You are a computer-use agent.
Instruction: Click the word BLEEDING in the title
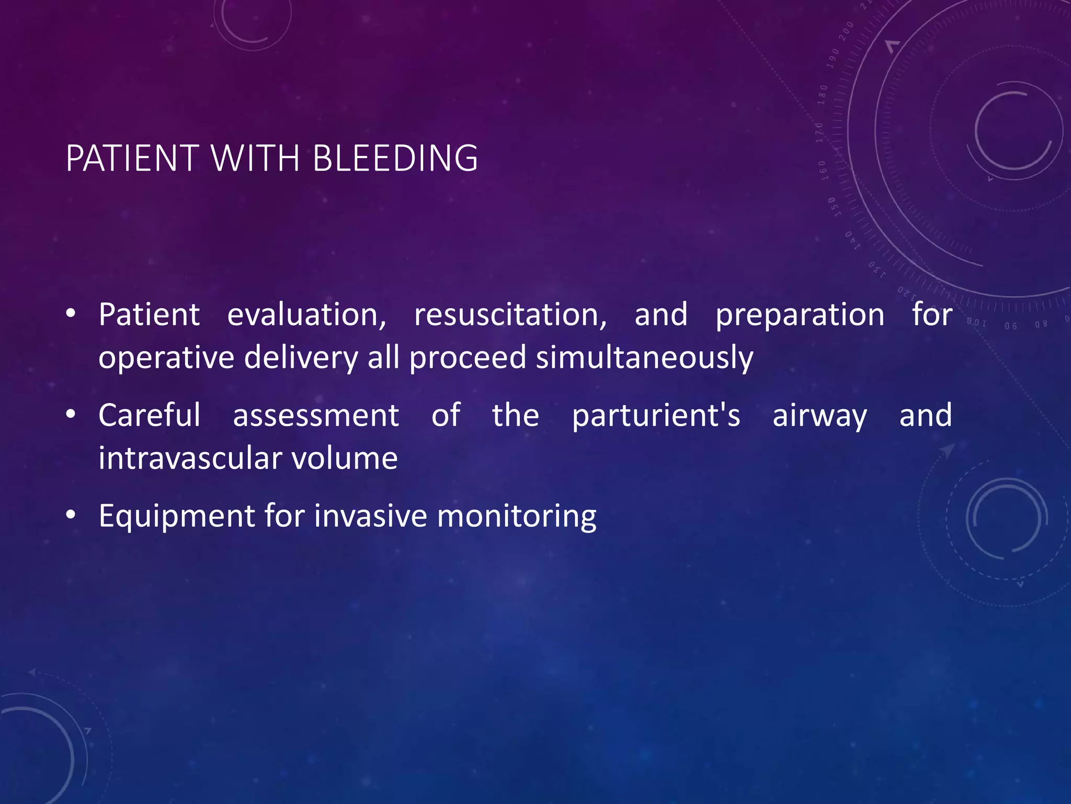(395, 158)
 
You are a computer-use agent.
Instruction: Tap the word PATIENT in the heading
(132, 158)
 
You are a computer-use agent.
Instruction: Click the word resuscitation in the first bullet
(510, 315)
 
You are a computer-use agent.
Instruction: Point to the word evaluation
(306, 315)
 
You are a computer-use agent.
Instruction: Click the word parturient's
(656, 416)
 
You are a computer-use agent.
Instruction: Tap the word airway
(819, 417)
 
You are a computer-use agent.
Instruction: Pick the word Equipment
(176, 517)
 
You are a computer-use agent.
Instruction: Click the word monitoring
(516, 517)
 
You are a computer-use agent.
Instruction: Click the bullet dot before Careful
(71, 415)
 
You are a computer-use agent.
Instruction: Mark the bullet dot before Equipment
(71, 516)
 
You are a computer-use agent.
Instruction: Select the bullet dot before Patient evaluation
(71, 315)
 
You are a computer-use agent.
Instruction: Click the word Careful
(150, 416)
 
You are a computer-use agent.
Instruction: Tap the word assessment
(316, 417)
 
